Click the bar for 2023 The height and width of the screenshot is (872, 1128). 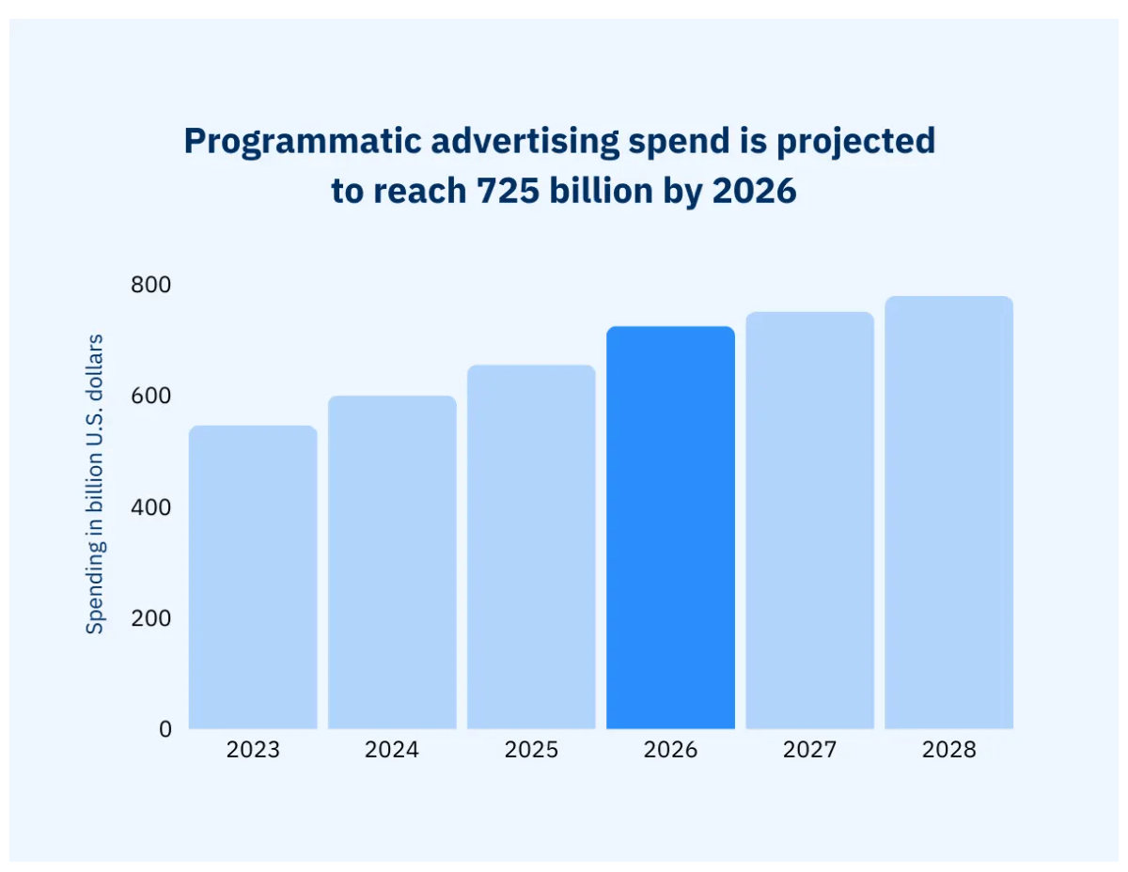253,577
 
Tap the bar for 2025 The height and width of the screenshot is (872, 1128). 531,547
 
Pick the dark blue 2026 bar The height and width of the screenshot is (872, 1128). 670,527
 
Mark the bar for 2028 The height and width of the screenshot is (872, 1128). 948,512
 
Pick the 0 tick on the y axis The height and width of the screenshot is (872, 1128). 165,728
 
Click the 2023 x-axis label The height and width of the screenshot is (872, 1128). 253,750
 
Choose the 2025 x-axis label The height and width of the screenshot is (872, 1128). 531,750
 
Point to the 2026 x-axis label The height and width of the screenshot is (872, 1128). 670,750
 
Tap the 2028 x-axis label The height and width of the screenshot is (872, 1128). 948,750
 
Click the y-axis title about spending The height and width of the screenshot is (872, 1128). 95,483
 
